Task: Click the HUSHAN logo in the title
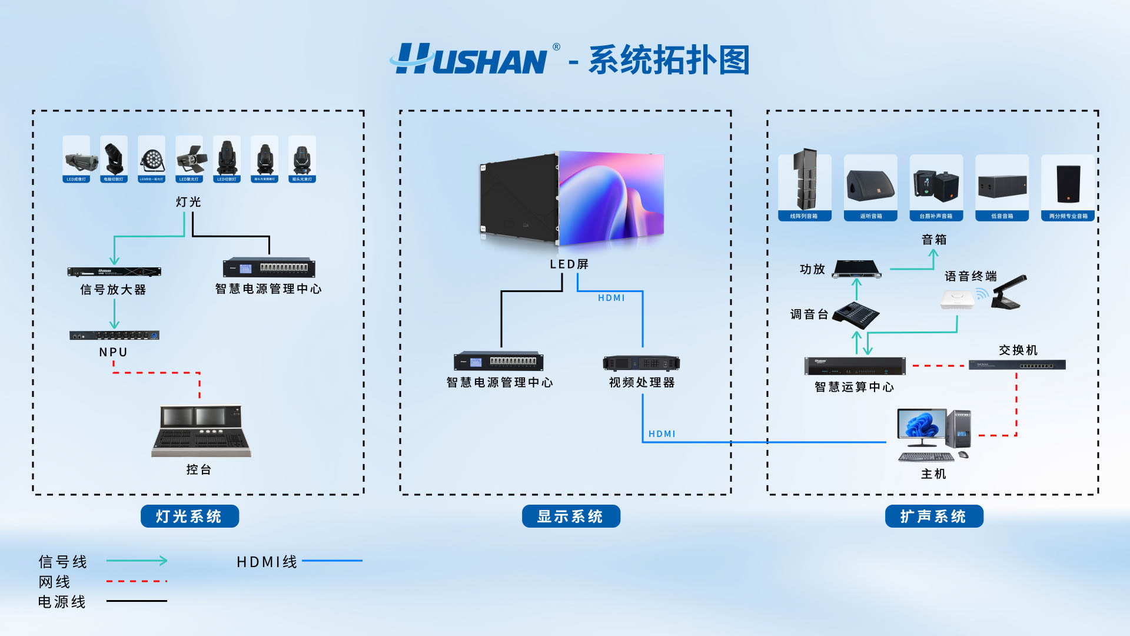[x=471, y=59]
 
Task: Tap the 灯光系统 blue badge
[x=190, y=516]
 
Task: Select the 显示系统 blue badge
[x=570, y=516]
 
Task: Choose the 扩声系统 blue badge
[x=933, y=516]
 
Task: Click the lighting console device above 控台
[x=201, y=430]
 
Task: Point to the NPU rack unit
[x=114, y=335]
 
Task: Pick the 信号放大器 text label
[x=113, y=290]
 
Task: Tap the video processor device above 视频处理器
[x=641, y=363]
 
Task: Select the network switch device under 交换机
[x=1017, y=365]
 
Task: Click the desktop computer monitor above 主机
[x=921, y=428]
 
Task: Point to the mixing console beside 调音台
[x=856, y=315]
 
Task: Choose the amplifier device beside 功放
[x=858, y=269]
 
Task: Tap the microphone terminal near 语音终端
[x=1009, y=292]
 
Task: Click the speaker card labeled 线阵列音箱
[x=804, y=187]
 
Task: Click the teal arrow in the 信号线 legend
[x=137, y=561]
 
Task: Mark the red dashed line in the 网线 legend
[x=137, y=581]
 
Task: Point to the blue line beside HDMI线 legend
[x=332, y=561]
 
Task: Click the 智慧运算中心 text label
[x=854, y=387]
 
